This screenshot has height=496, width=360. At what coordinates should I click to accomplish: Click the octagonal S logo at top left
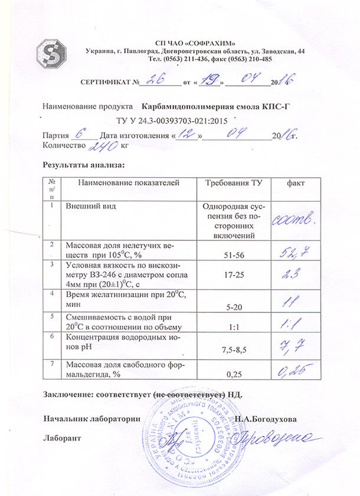[51, 53]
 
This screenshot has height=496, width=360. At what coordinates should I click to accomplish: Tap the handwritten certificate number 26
[156, 80]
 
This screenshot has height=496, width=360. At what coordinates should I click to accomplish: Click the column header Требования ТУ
[233, 184]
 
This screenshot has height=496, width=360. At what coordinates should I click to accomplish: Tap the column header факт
[296, 184]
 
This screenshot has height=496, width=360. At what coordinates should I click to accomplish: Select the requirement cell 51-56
[233, 254]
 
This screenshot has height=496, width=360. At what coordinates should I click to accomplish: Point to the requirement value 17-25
[233, 274]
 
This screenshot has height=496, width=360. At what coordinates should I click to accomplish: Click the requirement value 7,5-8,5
[233, 350]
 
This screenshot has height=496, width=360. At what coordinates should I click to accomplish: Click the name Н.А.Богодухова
[265, 419]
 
